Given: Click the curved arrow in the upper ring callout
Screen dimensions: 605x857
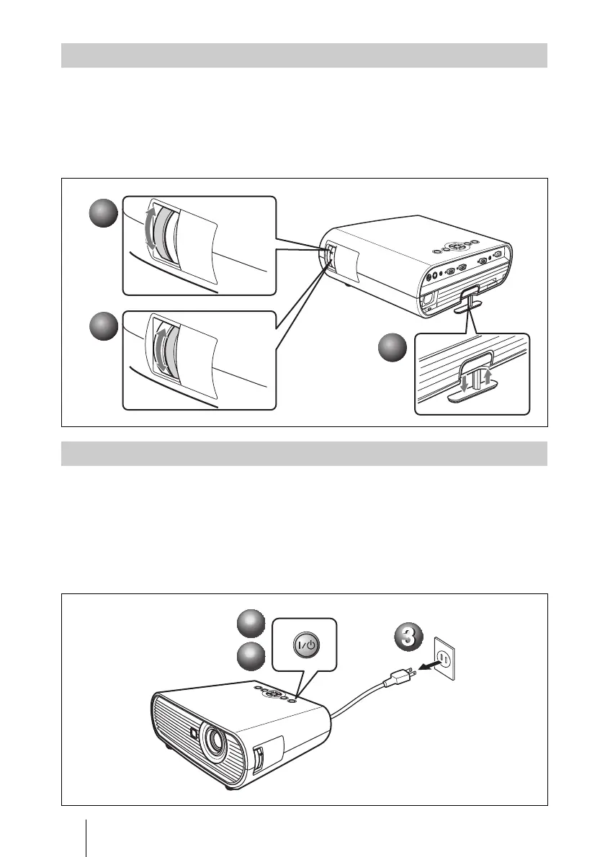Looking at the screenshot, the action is pos(151,230).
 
